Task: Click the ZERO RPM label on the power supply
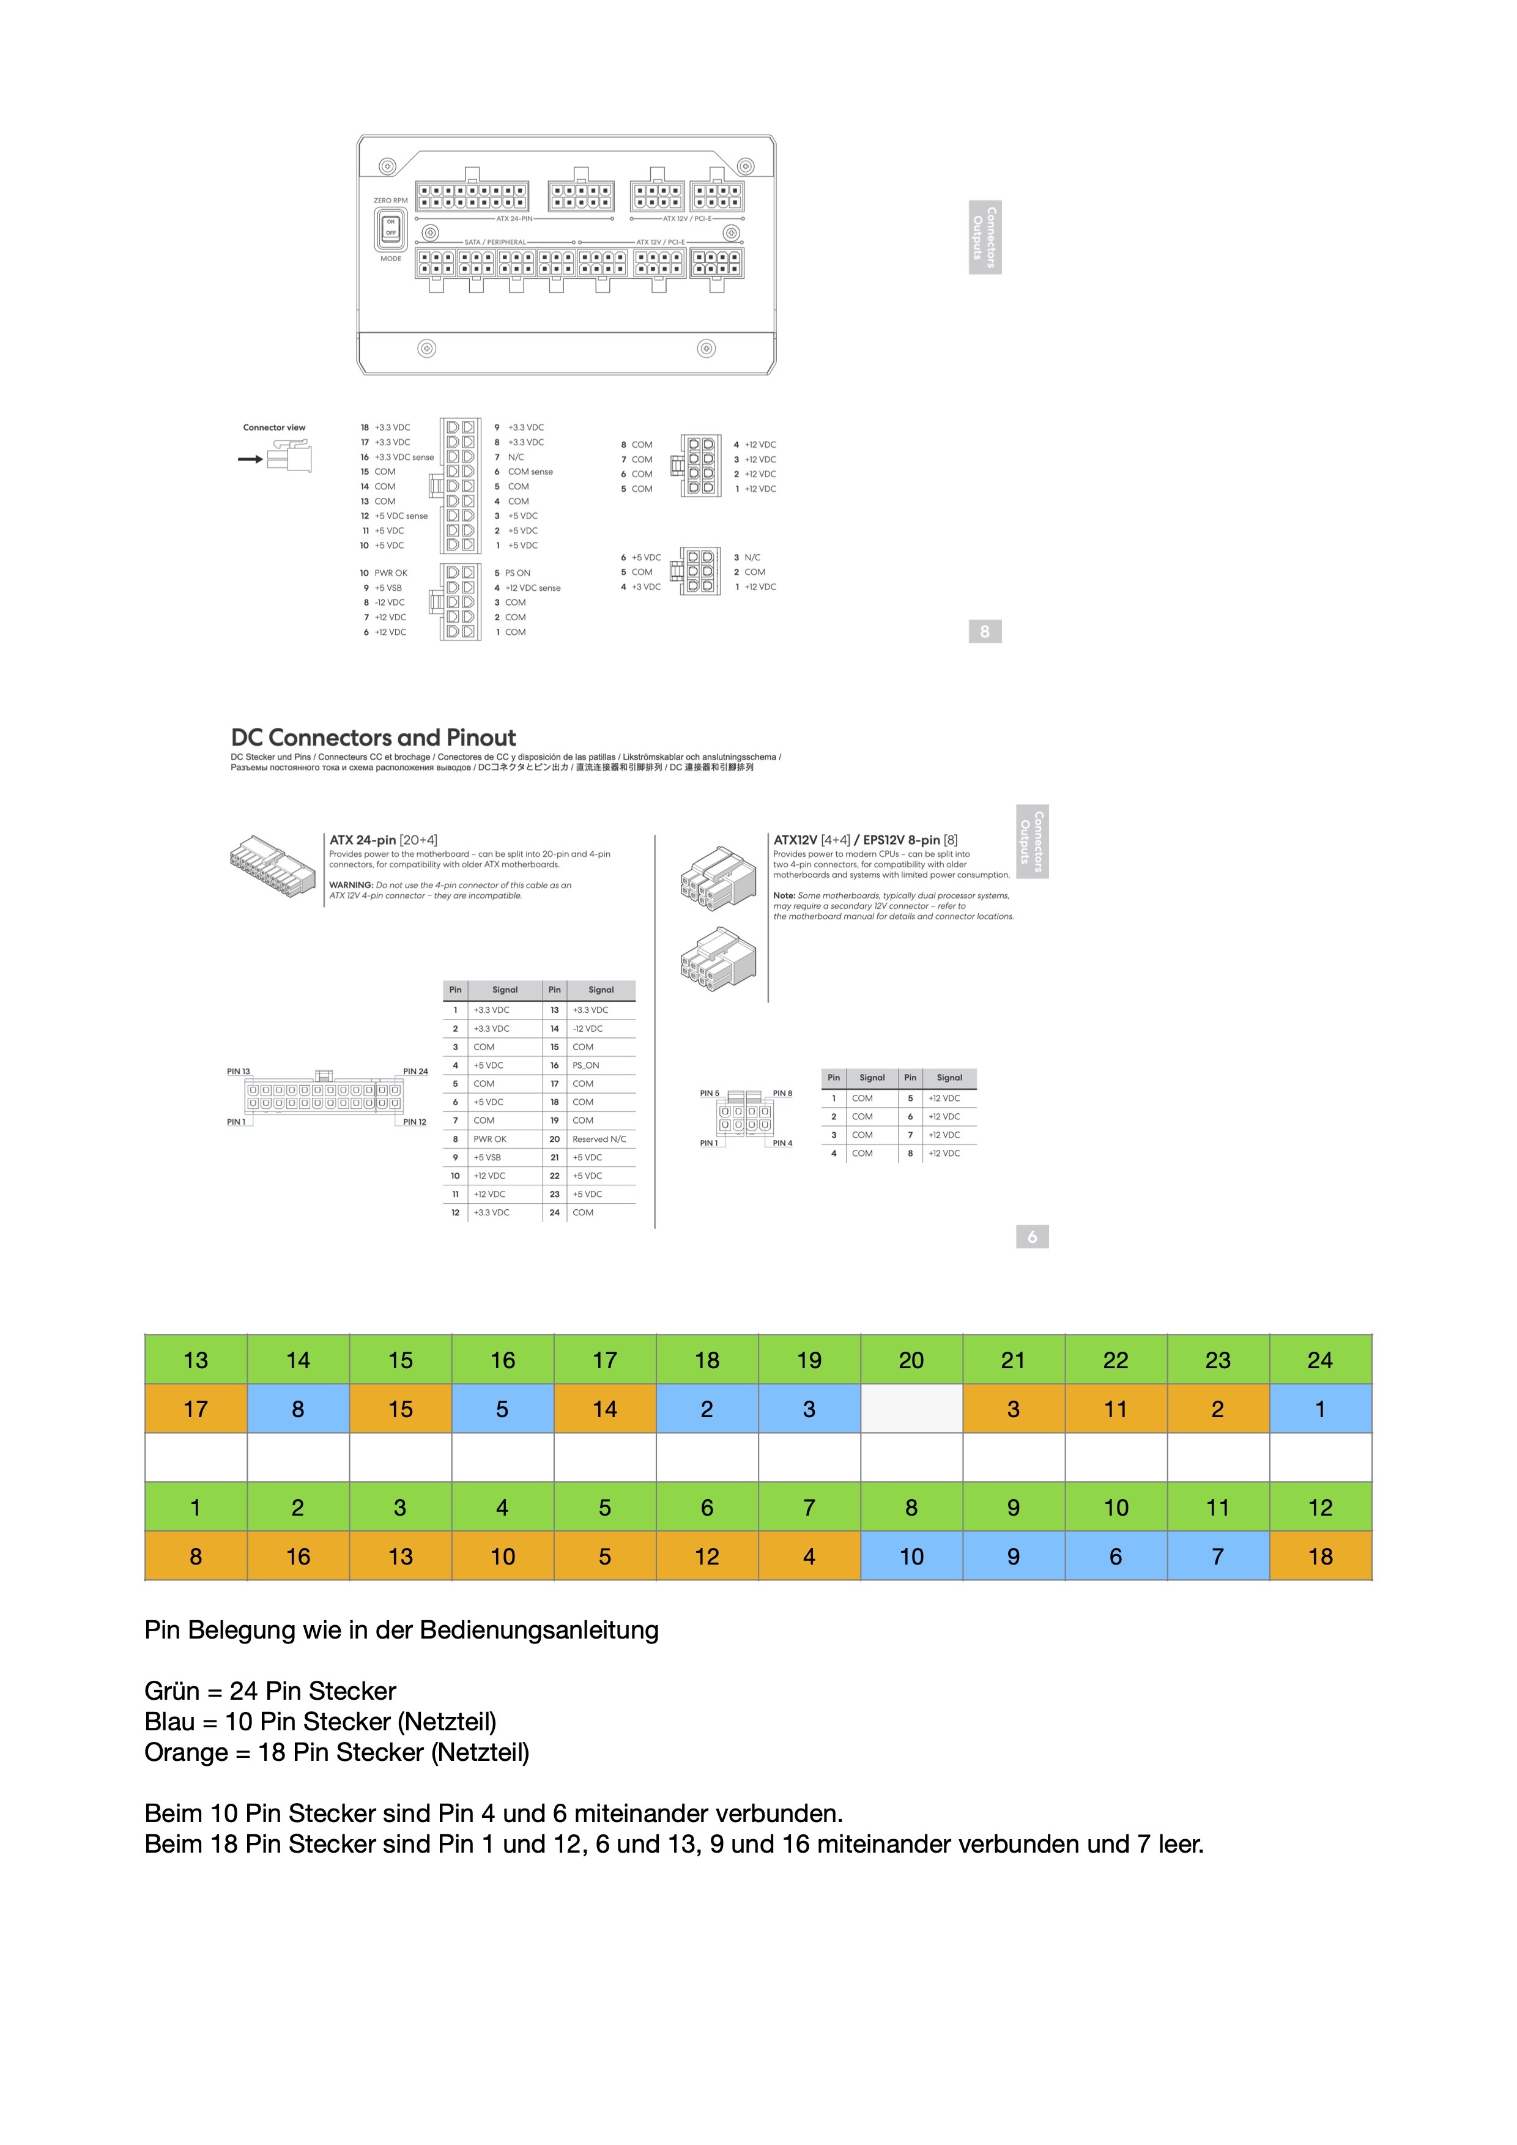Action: click(390, 201)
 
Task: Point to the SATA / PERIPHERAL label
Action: click(495, 242)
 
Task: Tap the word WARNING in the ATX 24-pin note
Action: click(351, 884)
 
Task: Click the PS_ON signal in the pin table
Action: click(585, 1065)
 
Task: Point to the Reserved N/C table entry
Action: click(599, 1139)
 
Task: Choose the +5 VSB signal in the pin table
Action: click(487, 1157)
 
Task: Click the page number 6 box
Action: click(1031, 1237)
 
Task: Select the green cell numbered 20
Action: click(911, 1360)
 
